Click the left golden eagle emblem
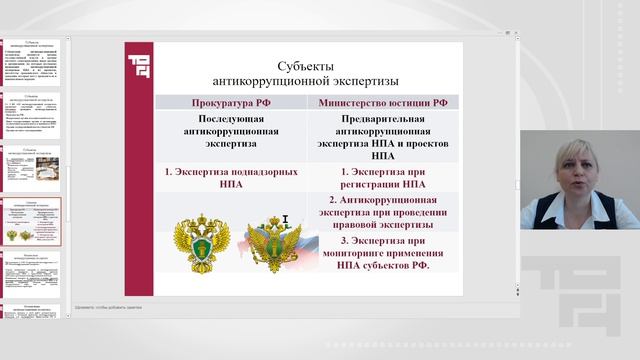coord(199,244)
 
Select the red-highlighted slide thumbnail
coord(36,221)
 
